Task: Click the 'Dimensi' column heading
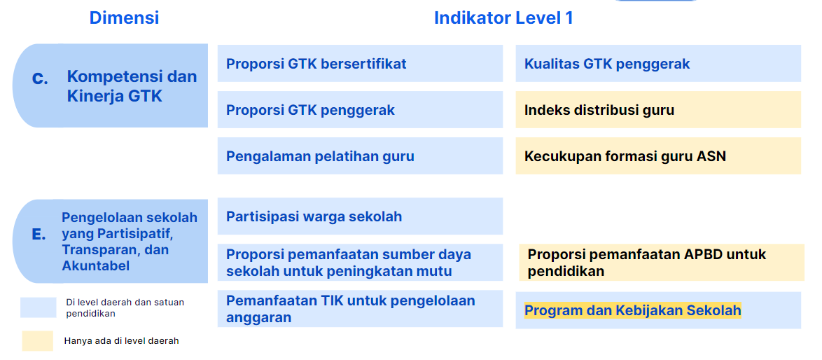coord(124,18)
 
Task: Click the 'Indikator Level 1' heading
coord(503,18)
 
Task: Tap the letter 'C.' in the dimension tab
coord(41,79)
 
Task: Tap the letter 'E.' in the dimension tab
coord(39,235)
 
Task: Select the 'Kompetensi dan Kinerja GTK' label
coord(132,86)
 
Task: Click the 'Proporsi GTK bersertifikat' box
coord(360,64)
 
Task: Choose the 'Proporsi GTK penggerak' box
coord(360,110)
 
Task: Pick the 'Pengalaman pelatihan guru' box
coord(360,156)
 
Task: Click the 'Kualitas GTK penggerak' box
coord(657,64)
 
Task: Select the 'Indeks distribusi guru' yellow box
coord(657,110)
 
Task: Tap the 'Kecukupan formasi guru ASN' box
coord(657,156)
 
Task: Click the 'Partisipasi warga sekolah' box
coord(360,216)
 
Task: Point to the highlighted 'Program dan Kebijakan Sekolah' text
coord(632,310)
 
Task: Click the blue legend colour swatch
coord(38,307)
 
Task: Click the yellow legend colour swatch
coord(38,340)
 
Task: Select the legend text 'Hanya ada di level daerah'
coord(121,341)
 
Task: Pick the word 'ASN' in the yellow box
coord(711,156)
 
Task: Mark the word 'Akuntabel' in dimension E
coord(96,265)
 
